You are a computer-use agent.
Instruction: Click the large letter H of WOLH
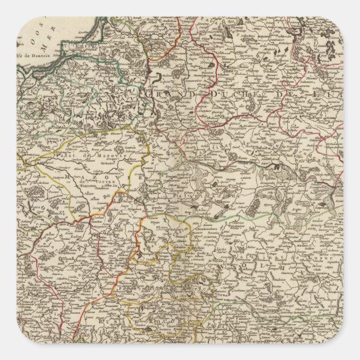pos(282,267)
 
